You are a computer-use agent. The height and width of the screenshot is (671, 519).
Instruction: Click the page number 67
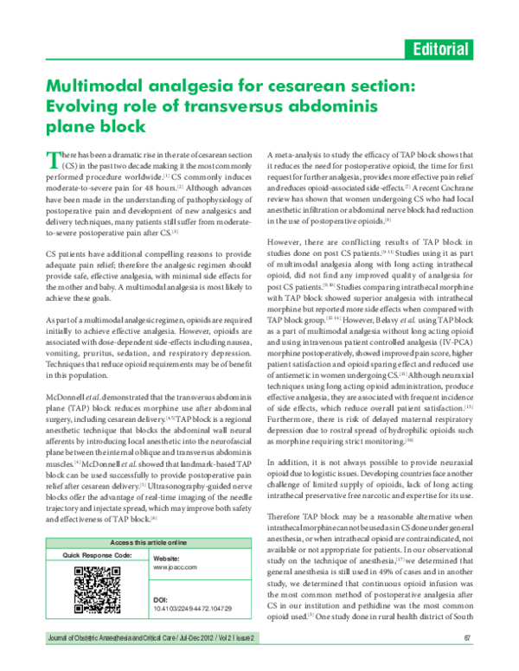click(468, 637)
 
